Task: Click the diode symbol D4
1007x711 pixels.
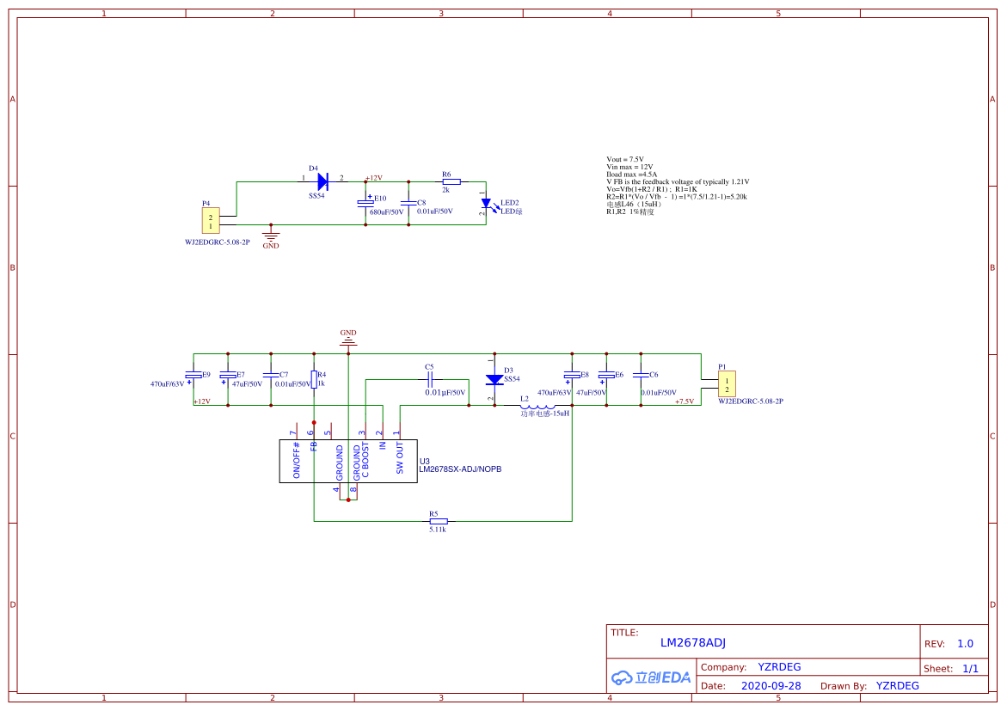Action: [x=323, y=181]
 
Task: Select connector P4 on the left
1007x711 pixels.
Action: [x=210, y=223]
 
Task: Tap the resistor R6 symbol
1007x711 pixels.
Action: [x=451, y=181]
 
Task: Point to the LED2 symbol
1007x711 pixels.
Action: [x=487, y=205]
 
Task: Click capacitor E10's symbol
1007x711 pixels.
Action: [x=365, y=204]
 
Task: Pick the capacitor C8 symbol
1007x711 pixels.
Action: [x=408, y=204]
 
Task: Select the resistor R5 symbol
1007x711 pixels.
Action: [x=439, y=521]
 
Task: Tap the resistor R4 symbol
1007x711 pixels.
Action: [x=314, y=379]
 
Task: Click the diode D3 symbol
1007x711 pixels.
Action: [x=494, y=380]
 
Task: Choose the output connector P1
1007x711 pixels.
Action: [x=727, y=383]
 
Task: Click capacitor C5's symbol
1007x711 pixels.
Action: [x=430, y=379]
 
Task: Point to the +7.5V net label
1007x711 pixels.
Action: [x=685, y=401]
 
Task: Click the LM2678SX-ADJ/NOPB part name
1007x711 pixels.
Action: [x=460, y=470]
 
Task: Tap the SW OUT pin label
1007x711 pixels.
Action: [x=400, y=458]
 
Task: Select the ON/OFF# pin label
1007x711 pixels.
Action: [x=297, y=460]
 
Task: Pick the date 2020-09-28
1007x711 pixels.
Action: [x=771, y=686]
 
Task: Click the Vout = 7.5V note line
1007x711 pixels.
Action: [x=625, y=160]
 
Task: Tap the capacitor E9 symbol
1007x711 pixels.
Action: [x=193, y=376]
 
